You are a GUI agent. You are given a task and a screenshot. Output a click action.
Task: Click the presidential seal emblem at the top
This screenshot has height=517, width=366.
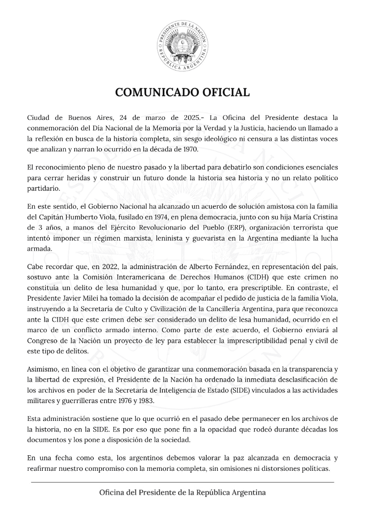183,47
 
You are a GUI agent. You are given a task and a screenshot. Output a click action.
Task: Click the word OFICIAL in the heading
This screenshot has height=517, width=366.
224,92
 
